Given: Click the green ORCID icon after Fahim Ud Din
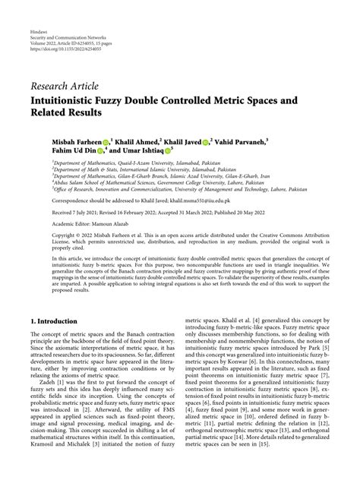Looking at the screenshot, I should tap(100, 152).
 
